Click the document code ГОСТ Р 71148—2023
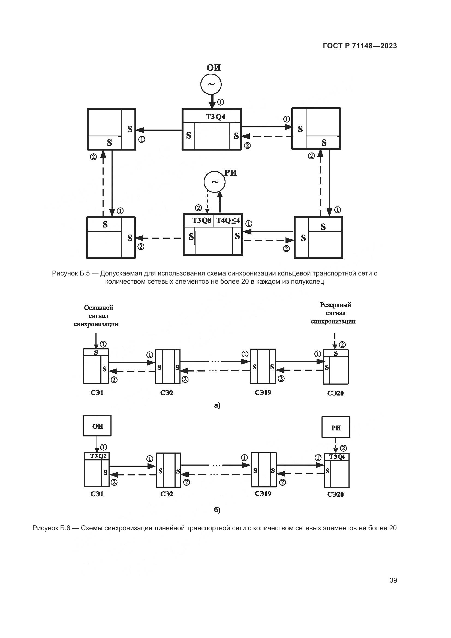click(x=360, y=46)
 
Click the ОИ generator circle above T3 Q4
click(x=211, y=84)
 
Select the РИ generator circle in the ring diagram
click(x=214, y=182)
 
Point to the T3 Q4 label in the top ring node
click(x=215, y=117)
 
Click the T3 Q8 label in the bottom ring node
click(x=202, y=221)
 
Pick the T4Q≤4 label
click(x=228, y=221)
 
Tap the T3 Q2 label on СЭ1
click(x=98, y=456)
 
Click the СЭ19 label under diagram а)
click(x=263, y=393)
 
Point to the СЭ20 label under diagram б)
click(x=335, y=494)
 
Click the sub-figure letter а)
click(x=217, y=405)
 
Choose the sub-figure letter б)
click(x=217, y=510)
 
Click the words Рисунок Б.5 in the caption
click(x=71, y=273)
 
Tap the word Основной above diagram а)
click(x=99, y=308)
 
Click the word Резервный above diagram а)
click(x=335, y=305)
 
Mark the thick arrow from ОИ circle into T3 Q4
click(x=212, y=102)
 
